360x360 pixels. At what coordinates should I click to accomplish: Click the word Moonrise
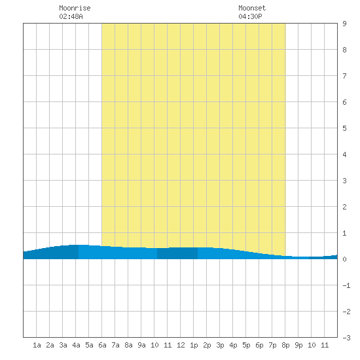pos(75,8)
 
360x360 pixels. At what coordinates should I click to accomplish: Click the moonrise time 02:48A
pos(71,16)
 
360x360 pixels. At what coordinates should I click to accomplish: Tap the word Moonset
pos(252,8)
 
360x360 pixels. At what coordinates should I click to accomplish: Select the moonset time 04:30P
pos(250,16)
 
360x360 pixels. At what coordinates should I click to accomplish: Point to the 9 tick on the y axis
pos(344,24)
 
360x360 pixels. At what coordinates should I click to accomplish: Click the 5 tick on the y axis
pos(344,128)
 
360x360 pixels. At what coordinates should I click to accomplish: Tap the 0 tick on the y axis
pos(344,259)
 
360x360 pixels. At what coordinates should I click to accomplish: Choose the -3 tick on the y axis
pos(346,338)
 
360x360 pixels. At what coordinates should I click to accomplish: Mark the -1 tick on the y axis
pos(346,285)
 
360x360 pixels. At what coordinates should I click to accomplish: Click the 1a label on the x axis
pos(37,345)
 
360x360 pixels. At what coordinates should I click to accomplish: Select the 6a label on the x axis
pos(102,345)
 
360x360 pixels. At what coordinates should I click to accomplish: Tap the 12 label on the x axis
pos(181,345)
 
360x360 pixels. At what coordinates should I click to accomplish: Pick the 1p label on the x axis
pos(194,345)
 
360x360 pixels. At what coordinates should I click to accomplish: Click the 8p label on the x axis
pos(285,345)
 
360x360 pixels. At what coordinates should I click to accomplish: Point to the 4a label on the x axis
pos(76,345)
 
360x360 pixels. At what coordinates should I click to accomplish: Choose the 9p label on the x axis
pos(298,345)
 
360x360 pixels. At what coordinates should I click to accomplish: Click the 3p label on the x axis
pos(220,345)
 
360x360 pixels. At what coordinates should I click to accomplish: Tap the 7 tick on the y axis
pos(344,76)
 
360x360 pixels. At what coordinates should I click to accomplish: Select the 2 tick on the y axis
pos(344,207)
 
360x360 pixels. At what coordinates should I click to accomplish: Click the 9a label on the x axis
pos(141,345)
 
